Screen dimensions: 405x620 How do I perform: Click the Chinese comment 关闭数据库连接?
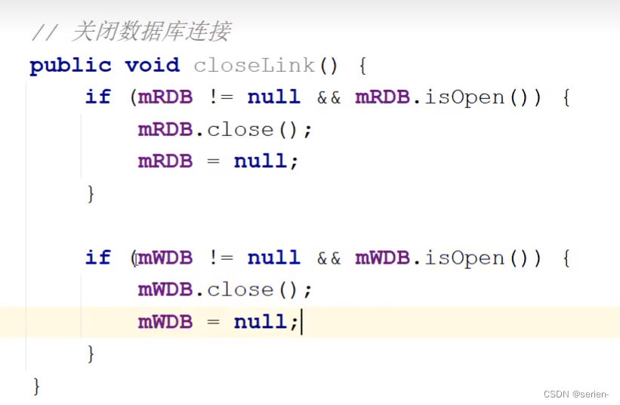[151, 32]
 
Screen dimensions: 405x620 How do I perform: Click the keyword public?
[70, 66]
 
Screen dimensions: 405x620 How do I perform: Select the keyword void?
[153, 66]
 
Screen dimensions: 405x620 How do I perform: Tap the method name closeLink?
[254, 66]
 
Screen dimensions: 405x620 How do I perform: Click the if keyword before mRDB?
[97, 97]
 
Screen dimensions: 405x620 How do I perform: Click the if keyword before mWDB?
[97, 258]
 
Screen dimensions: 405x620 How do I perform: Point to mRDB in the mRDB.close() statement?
[165, 130]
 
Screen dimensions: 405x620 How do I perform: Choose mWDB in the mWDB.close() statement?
[165, 290]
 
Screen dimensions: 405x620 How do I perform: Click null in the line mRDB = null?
[261, 162]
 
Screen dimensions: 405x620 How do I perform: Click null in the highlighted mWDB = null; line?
[261, 323]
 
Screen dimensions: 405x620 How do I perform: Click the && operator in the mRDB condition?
[329, 97]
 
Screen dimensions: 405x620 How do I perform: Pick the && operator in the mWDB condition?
[329, 258]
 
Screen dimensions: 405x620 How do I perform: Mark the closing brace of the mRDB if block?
[91, 193]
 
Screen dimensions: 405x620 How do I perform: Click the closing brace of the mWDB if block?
[91, 353]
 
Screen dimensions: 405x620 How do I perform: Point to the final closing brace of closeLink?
[35, 386]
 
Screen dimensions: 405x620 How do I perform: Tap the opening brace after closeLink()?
[362, 66]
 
